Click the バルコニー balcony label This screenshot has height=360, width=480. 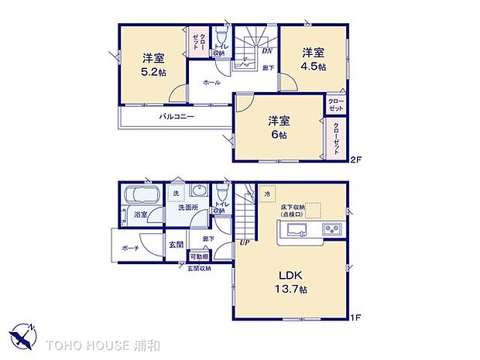[177, 117]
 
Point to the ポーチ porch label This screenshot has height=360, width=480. [130, 249]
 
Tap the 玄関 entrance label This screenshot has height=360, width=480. [177, 245]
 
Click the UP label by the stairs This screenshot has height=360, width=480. [245, 242]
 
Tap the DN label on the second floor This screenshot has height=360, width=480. [266, 52]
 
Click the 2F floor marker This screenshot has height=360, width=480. [355, 160]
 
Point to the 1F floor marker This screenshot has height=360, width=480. [355, 317]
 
